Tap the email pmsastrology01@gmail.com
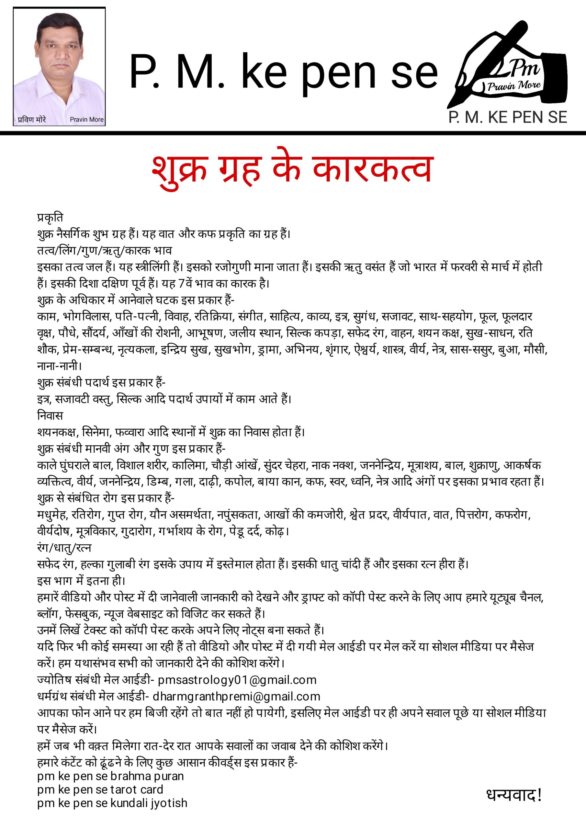click(x=237, y=680)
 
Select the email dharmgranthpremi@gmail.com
click(x=236, y=697)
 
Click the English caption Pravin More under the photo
click(x=87, y=119)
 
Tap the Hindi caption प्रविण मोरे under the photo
click(x=32, y=119)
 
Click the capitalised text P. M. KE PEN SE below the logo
click(x=508, y=117)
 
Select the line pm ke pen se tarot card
click(x=100, y=789)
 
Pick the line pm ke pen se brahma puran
click(x=110, y=776)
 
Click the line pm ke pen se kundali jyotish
click(x=112, y=803)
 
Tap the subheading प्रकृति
click(x=50, y=217)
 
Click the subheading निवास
click(x=50, y=415)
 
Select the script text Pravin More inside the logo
click(x=514, y=85)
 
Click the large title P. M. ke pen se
click(x=283, y=72)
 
